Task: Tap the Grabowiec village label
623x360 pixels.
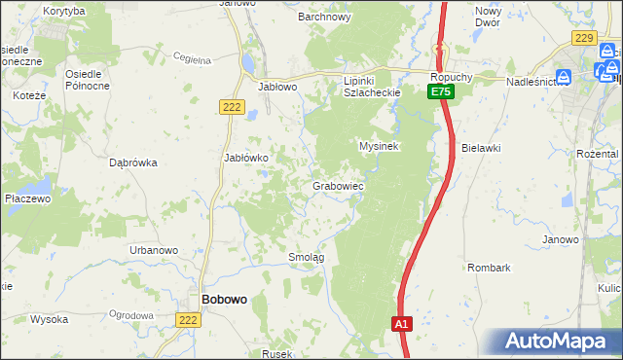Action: pyautogui.click(x=338, y=185)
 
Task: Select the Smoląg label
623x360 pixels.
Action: pyautogui.click(x=306, y=257)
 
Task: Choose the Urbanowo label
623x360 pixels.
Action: pyautogui.click(x=154, y=250)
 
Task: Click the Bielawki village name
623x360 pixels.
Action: pyautogui.click(x=481, y=148)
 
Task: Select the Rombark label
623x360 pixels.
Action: pyautogui.click(x=489, y=267)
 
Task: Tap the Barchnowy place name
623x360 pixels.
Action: pyautogui.click(x=324, y=17)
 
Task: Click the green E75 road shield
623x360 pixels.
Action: pyautogui.click(x=441, y=91)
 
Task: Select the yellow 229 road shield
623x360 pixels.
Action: pyautogui.click(x=584, y=37)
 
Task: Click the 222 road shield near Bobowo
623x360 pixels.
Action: pyautogui.click(x=189, y=318)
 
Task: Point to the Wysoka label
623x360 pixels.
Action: pyautogui.click(x=48, y=319)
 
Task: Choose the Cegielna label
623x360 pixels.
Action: pyautogui.click(x=192, y=59)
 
